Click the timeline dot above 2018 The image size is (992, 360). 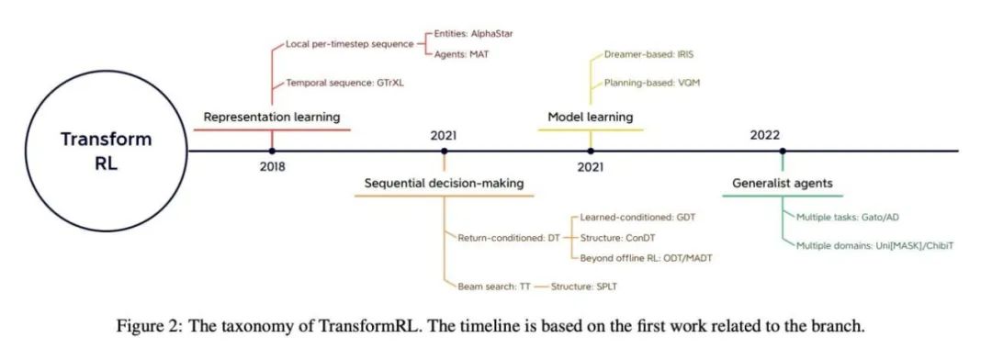[272, 150]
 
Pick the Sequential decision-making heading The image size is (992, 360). [445, 183]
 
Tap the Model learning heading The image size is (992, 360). [590, 117]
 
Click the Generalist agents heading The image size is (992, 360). [783, 183]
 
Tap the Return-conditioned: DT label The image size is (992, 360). [509, 238]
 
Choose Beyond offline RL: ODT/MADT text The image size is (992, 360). [646, 258]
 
